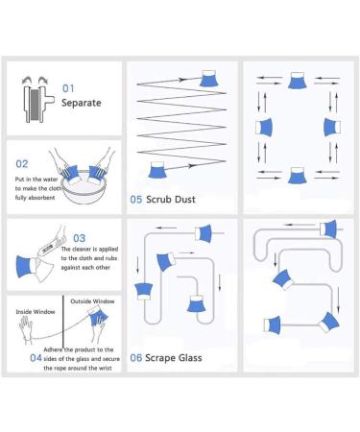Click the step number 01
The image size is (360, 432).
point(68,88)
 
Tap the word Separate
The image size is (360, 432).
point(82,103)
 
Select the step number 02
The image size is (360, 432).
point(22,164)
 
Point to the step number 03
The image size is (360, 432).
point(80,238)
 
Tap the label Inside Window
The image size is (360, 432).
point(36,312)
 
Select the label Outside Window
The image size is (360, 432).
point(92,301)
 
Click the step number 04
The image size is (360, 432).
point(36,358)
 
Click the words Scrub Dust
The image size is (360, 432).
point(171,200)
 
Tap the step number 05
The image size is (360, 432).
point(136,200)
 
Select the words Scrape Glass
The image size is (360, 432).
point(174,358)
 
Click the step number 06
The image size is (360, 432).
point(136,358)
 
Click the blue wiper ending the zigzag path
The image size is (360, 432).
point(208,79)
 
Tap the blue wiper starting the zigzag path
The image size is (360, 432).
point(158,170)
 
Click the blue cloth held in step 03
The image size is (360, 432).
point(24,266)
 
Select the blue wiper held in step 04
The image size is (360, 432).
point(98,316)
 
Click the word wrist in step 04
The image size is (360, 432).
point(106,368)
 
